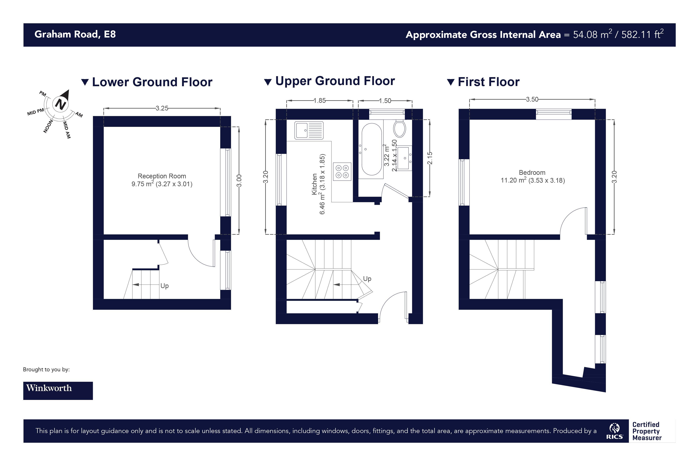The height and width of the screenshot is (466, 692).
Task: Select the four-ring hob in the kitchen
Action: (x=342, y=171)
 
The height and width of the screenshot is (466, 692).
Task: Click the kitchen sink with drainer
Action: (x=309, y=130)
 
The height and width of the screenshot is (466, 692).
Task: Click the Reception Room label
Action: (x=162, y=176)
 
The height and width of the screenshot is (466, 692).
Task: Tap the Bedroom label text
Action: (x=532, y=172)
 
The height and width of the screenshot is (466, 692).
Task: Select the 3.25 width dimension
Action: (x=162, y=108)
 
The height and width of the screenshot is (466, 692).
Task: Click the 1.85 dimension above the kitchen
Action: (x=319, y=101)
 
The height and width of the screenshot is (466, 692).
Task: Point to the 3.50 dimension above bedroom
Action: (x=532, y=99)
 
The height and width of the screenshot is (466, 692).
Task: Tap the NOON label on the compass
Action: (x=48, y=126)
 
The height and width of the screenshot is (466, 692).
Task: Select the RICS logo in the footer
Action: (x=614, y=431)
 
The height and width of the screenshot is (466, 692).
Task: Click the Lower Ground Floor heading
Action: (x=152, y=82)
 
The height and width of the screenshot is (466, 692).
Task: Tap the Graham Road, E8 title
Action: (x=75, y=35)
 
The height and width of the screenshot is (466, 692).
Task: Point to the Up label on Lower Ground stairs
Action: (x=164, y=286)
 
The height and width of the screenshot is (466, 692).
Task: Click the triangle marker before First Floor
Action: (x=451, y=82)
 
